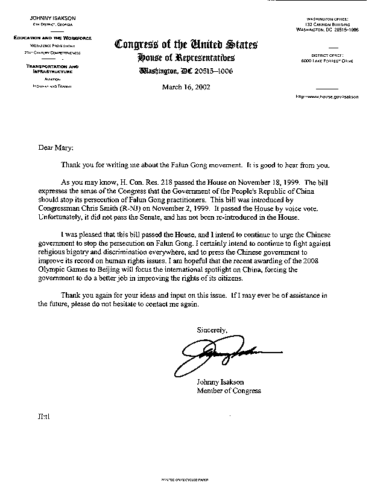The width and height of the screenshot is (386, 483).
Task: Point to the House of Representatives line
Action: click(x=186, y=58)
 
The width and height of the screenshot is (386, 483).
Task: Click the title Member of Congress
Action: click(x=229, y=391)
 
